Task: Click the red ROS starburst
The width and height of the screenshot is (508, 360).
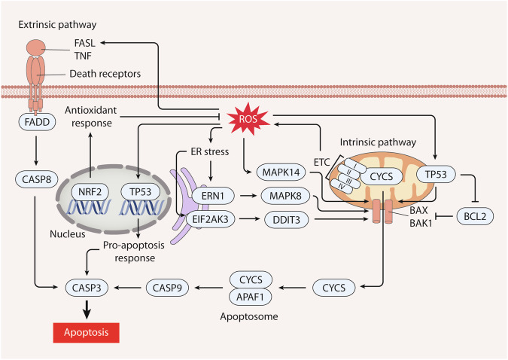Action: pyautogui.click(x=248, y=119)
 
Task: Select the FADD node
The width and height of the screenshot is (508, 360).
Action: pyautogui.click(x=37, y=122)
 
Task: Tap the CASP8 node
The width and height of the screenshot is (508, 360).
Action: pyautogui.click(x=37, y=179)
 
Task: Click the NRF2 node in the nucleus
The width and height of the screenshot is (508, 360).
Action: pyautogui.click(x=90, y=192)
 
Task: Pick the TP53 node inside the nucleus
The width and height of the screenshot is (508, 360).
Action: pyautogui.click(x=140, y=192)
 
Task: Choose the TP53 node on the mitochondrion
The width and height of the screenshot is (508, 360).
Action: pyautogui.click(x=436, y=175)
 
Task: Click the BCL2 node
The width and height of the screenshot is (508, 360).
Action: pyautogui.click(x=475, y=216)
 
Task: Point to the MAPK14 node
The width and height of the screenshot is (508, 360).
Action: pyautogui.click(x=281, y=172)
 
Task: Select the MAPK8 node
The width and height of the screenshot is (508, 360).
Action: pyautogui.click(x=285, y=196)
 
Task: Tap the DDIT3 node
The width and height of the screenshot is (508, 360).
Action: pyautogui.click(x=287, y=220)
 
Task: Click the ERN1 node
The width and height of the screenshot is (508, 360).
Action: pyautogui.click(x=213, y=196)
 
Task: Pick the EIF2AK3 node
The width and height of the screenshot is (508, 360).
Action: pyautogui.click(x=210, y=219)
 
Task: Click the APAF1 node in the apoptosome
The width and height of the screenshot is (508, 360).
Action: pyautogui.click(x=250, y=297)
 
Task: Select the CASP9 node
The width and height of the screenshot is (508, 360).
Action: pyautogui.click(x=167, y=288)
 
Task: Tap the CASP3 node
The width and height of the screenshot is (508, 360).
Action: pyautogui.click(x=87, y=288)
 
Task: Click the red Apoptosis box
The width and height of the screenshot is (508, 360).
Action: pyautogui.click(x=87, y=332)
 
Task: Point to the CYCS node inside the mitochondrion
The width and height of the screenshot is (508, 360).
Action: pyautogui.click(x=382, y=177)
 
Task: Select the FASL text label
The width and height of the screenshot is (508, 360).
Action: pyautogui.click(x=85, y=43)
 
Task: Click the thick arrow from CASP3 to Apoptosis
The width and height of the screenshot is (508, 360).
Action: pyautogui.click(x=87, y=310)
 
